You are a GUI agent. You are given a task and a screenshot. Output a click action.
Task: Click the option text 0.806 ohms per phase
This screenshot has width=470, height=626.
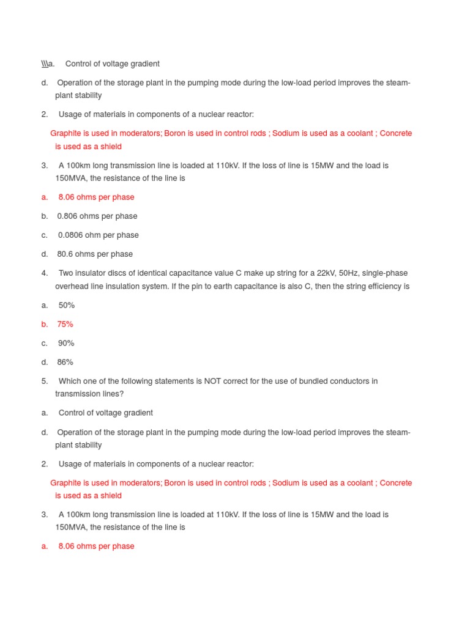tap(97, 216)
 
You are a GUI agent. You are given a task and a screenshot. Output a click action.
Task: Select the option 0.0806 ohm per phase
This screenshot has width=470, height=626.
tap(98, 235)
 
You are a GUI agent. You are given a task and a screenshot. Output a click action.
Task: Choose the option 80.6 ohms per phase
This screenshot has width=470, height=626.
tap(95, 254)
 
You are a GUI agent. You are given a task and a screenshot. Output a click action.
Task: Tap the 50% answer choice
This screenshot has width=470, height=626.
tap(66, 305)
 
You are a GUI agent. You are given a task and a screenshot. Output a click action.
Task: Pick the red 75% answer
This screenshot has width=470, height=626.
tap(65, 324)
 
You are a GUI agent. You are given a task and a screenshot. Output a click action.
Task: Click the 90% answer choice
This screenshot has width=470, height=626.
tap(66, 343)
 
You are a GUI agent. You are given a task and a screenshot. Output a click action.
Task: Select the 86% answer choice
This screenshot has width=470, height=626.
tap(65, 362)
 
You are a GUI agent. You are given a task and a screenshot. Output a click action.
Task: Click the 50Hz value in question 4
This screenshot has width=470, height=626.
tap(334, 273)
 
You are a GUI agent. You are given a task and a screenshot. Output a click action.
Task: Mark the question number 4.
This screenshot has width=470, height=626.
tap(45, 273)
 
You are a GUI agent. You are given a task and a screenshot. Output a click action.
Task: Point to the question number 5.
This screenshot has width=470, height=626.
tap(45, 381)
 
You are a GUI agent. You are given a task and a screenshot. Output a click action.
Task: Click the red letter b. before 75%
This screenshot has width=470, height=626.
tap(45, 324)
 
